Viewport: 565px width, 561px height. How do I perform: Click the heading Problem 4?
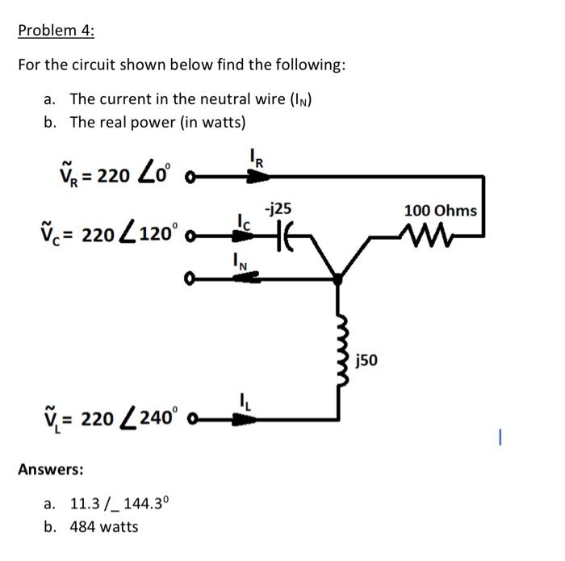click(56, 31)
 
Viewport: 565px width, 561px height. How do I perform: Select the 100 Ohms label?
click(440, 211)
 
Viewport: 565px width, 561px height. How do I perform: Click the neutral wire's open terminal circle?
click(190, 278)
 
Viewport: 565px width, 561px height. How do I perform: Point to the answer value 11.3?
click(83, 504)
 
